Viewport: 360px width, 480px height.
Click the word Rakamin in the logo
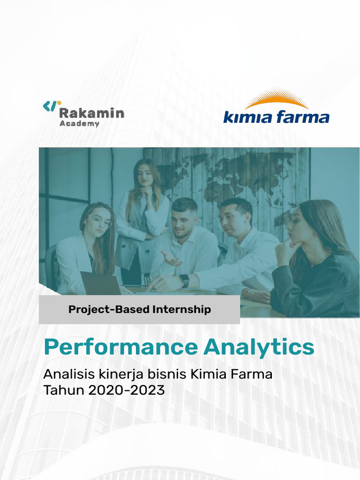pos(92,113)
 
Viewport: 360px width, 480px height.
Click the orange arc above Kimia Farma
pos(277,100)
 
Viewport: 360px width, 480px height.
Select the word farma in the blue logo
pos(302,116)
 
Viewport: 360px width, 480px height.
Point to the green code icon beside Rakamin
pos(52,106)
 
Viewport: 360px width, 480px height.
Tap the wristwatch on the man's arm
pos(185,281)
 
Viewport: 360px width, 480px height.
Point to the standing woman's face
pos(145,175)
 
